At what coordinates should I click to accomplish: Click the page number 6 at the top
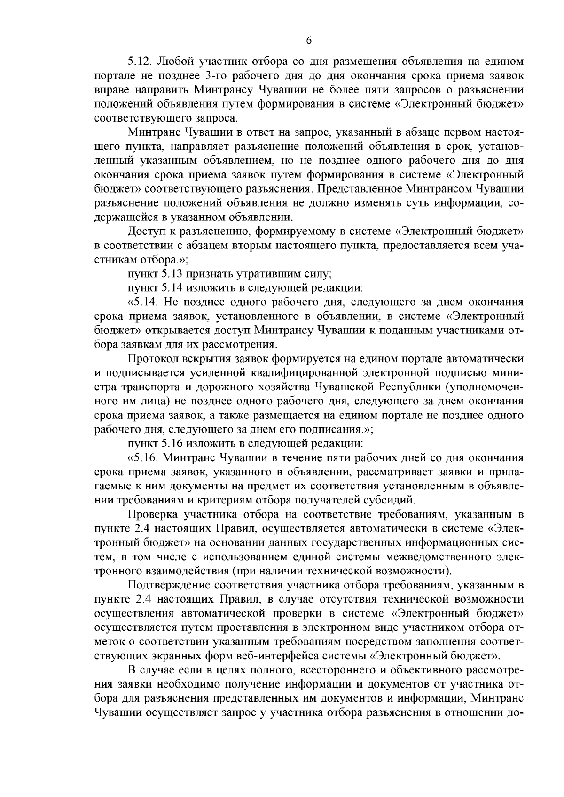309,40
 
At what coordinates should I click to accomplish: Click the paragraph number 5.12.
140,61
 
